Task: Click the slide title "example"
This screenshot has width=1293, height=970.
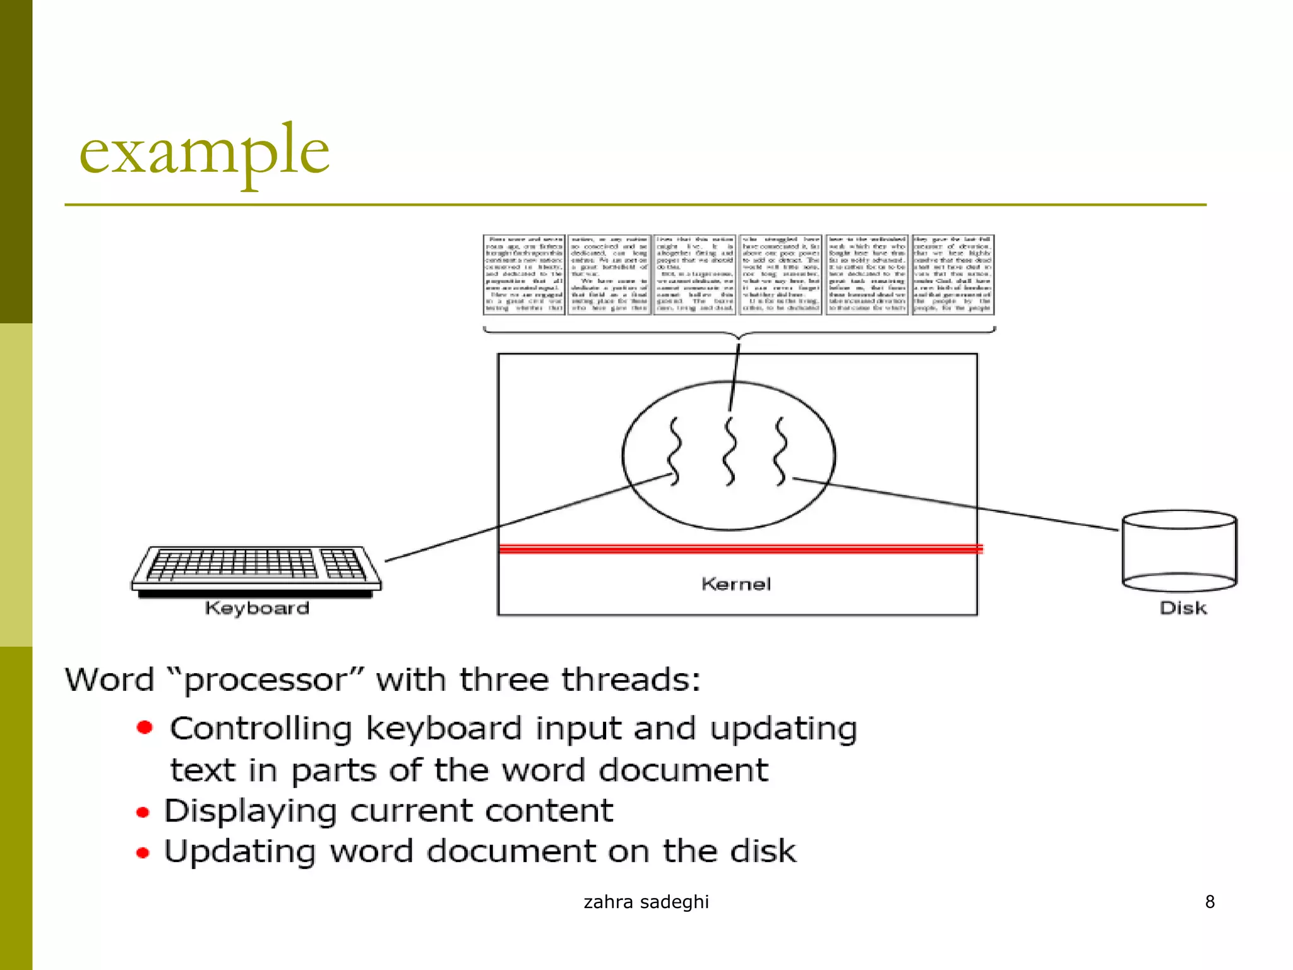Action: click(x=204, y=150)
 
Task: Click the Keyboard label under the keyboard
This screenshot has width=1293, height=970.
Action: click(x=257, y=608)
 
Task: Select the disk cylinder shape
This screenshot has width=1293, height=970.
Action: click(x=1179, y=551)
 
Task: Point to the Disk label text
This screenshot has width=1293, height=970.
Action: click(x=1183, y=608)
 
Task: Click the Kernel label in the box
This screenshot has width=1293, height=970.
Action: click(x=736, y=584)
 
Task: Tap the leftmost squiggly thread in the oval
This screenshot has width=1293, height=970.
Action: click(x=675, y=451)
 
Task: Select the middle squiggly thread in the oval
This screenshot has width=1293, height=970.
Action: click(x=730, y=451)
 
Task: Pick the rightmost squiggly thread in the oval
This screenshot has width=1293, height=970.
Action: click(x=782, y=451)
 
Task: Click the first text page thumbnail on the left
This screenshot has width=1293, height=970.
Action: click(x=524, y=275)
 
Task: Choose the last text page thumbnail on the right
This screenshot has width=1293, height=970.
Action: click(x=953, y=275)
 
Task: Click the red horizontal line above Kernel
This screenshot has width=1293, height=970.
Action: click(x=739, y=549)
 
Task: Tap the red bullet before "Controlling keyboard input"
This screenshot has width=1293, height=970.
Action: click(x=145, y=727)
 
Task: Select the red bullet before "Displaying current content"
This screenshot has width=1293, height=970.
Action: click(x=143, y=812)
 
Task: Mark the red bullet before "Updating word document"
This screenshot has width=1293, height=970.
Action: click(x=143, y=853)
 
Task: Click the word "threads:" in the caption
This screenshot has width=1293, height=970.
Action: click(x=631, y=680)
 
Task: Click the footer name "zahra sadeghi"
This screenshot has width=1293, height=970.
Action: click(x=646, y=902)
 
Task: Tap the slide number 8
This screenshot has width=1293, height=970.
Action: click(x=1210, y=902)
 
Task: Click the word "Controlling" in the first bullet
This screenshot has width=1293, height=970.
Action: click(x=261, y=729)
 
